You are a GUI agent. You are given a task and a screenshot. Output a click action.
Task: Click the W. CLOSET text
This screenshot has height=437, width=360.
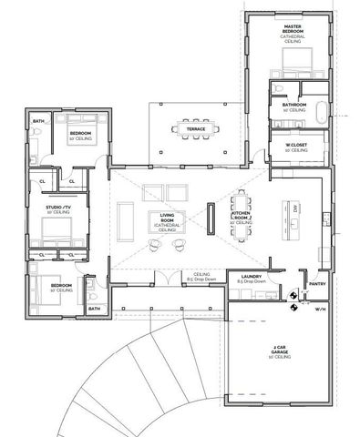293,147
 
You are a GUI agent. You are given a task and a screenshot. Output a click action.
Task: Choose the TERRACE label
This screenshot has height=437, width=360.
196,129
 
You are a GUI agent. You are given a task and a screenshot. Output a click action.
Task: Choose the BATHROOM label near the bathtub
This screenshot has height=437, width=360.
293,106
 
